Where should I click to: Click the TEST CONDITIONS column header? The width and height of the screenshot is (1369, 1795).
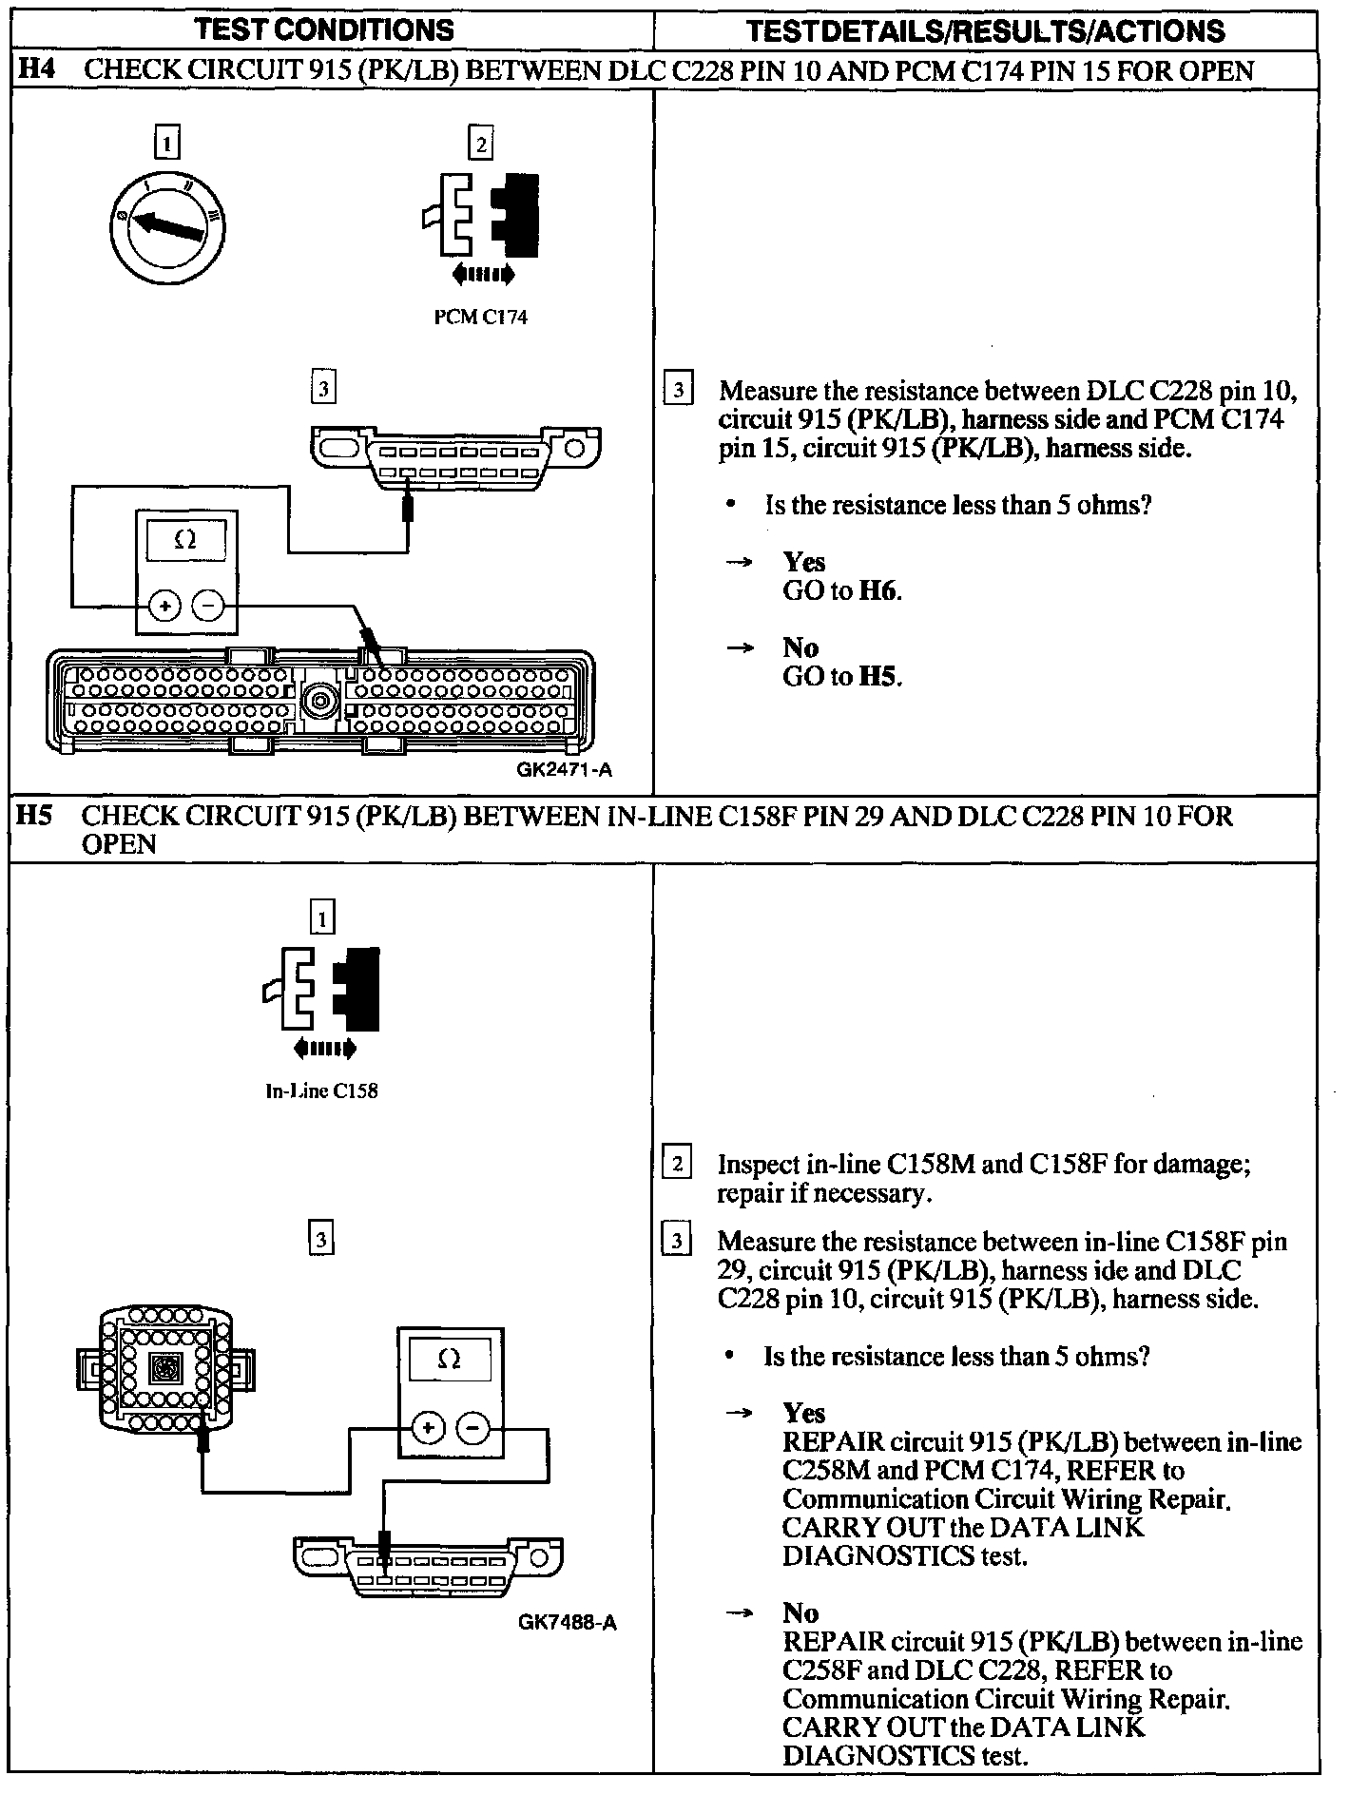tap(324, 29)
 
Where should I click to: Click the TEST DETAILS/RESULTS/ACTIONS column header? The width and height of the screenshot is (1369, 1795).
tap(985, 30)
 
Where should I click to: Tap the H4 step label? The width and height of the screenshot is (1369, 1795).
tap(37, 70)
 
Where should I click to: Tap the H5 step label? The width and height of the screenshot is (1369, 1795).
tap(36, 816)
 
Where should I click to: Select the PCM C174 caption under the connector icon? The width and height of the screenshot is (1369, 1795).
tap(480, 318)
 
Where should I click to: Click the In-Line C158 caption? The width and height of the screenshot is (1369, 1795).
tap(321, 1091)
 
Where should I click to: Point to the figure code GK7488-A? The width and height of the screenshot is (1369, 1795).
tap(568, 1622)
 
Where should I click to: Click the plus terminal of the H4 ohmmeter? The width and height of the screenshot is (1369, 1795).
tap(164, 605)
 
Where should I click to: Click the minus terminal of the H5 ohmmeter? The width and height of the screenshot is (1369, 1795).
tap(472, 1427)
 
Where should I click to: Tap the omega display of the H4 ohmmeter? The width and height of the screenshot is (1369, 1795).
tap(185, 540)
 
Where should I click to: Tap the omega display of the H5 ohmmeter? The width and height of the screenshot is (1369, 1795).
tap(450, 1361)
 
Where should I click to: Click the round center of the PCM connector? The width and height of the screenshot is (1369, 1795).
tap(318, 703)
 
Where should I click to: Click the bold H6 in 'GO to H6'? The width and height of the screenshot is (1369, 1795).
tap(878, 591)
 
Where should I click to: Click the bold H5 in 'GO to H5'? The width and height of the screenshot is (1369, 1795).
tap(878, 677)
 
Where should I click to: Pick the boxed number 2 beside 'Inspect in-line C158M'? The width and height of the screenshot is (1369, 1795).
tap(676, 1164)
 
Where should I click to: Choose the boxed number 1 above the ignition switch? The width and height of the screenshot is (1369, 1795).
tap(166, 144)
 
